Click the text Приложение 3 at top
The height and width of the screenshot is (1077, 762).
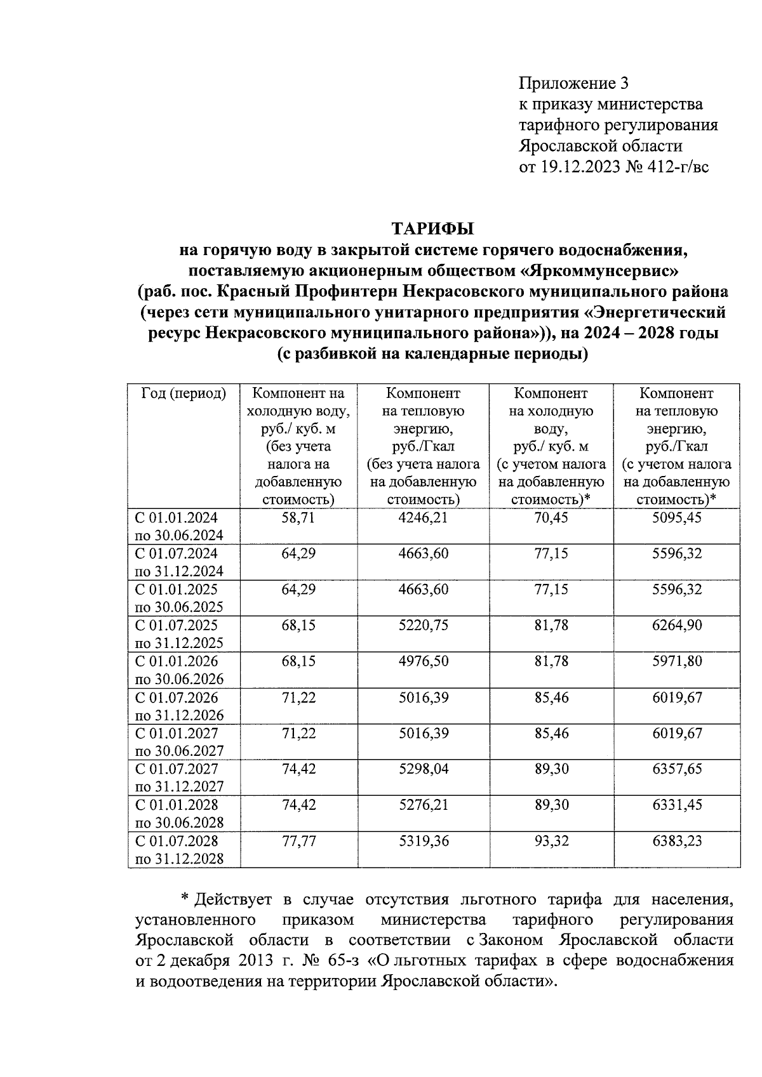tap(573, 83)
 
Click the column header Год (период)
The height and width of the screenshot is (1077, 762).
tap(184, 393)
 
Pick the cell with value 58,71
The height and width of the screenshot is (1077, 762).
tap(298, 517)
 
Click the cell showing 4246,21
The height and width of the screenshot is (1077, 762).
tap(423, 517)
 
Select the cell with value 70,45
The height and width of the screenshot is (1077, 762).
tap(551, 517)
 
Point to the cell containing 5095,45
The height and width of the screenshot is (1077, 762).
tap(677, 517)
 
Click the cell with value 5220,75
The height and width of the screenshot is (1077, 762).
tap(423, 625)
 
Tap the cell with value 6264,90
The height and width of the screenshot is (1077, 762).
tap(677, 625)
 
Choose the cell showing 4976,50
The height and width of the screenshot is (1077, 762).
tap(423, 661)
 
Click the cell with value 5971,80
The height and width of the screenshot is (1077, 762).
tap(677, 661)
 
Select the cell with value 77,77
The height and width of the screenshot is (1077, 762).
tap(298, 841)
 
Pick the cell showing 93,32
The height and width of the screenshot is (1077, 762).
tap(551, 841)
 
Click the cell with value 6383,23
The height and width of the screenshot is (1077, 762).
tap(677, 841)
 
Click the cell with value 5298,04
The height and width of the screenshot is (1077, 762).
tap(423, 769)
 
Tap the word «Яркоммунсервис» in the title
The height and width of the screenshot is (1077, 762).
tap(599, 271)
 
